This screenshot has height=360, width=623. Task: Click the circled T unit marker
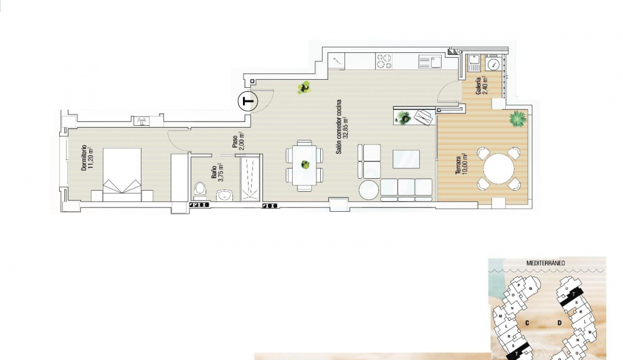point(248,101)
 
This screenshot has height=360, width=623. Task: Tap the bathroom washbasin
point(225,195)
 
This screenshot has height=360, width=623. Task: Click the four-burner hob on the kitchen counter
point(384,60)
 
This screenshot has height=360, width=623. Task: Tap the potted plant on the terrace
point(517,118)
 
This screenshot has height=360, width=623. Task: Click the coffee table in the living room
point(406,159)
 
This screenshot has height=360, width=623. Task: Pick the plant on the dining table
point(305,165)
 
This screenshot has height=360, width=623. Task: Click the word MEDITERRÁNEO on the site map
point(546,263)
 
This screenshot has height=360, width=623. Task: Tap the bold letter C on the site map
point(527,323)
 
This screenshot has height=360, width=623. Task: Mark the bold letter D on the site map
point(560,323)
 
